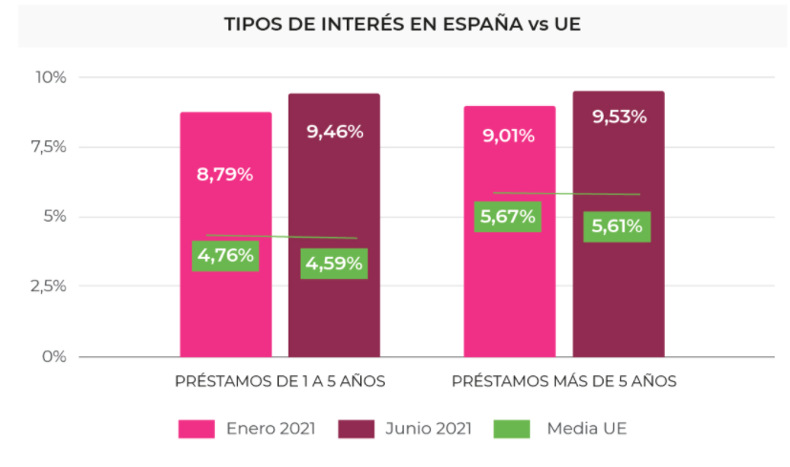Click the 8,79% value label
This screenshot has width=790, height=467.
[225, 175]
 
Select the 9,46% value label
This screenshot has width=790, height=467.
[334, 132]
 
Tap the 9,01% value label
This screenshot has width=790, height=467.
[508, 136]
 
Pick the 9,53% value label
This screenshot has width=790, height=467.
[619, 117]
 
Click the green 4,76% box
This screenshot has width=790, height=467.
[225, 255]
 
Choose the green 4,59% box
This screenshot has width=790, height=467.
[333, 264]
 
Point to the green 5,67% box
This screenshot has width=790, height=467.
[508, 217]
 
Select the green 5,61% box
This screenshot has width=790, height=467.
[617, 226]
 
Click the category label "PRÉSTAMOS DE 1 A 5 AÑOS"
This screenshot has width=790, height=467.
[280, 381]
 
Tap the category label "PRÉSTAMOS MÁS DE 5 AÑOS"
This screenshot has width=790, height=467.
[564, 381]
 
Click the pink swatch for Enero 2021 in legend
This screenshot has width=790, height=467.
[197, 429]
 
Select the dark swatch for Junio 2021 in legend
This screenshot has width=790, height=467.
[356, 429]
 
